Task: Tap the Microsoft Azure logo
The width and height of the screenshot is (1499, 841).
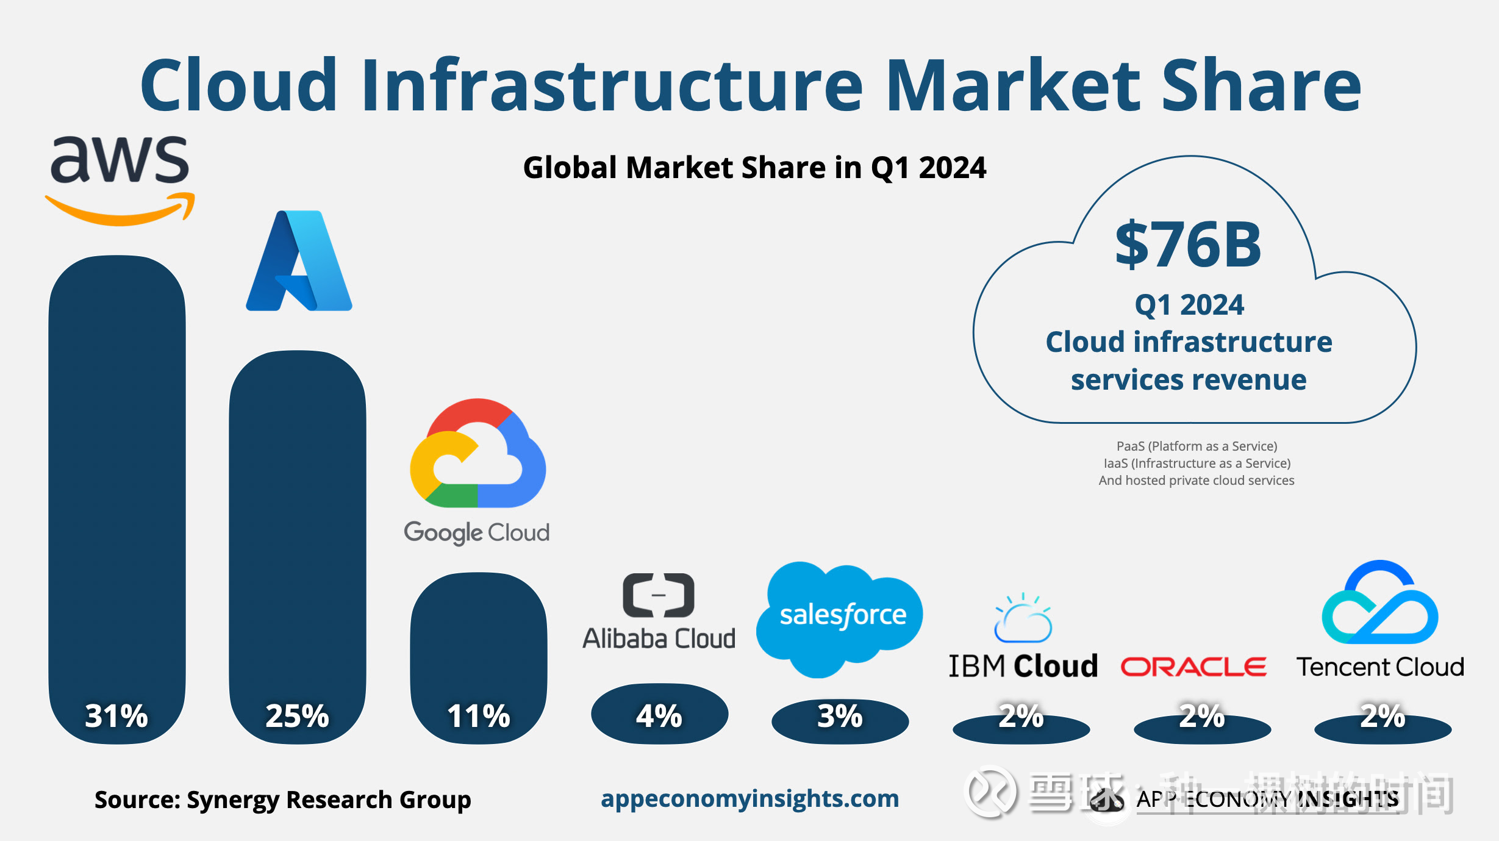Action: [299, 261]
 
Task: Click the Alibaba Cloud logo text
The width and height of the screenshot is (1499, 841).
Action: [659, 639]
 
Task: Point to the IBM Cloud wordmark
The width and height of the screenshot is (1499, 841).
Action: [1023, 666]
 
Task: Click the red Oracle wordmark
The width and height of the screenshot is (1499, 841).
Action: [1193, 667]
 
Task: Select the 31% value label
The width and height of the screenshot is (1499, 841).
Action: [116, 716]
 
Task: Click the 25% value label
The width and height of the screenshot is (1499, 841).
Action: [297, 716]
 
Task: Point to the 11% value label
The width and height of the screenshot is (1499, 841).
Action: [478, 716]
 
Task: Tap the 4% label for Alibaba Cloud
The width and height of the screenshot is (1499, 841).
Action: [659, 716]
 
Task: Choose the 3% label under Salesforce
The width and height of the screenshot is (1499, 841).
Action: [840, 716]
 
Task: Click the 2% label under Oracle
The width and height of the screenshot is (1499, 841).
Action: [1201, 716]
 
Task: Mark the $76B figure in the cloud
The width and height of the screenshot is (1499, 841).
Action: [1188, 245]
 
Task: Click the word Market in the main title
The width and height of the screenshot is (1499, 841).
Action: [1012, 85]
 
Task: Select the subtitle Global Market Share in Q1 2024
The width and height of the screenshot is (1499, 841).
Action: [754, 168]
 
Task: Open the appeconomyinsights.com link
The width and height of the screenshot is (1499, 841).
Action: [749, 798]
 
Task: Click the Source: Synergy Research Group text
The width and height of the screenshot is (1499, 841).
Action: [282, 800]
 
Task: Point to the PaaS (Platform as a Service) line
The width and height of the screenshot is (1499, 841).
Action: [1197, 446]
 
